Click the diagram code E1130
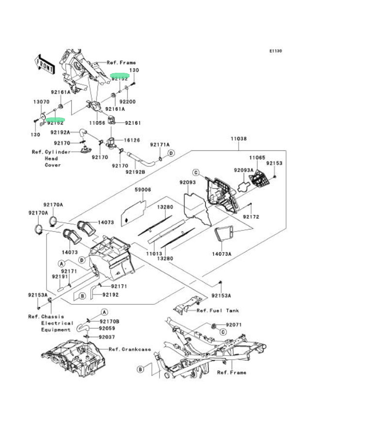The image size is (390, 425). (x=276, y=51)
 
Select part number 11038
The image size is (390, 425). (x=239, y=139)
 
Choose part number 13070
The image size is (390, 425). (x=41, y=102)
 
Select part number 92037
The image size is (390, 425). (x=107, y=337)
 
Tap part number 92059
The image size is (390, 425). (x=107, y=329)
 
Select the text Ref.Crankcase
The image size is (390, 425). (x=130, y=349)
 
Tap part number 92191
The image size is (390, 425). (x=59, y=277)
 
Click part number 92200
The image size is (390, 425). (x=128, y=102)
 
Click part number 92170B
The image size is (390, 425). (x=110, y=321)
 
